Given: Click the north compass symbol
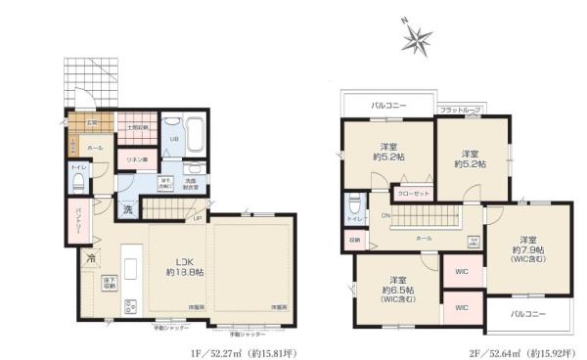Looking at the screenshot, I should coord(419,40).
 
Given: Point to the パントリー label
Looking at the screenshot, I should coord(78,224).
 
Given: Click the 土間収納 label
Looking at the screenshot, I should coord(136,127).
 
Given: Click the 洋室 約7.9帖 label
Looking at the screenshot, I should coord(529,247).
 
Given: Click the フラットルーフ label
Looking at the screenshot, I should coord(458,111).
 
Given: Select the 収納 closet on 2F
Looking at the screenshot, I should coord(353,239).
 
